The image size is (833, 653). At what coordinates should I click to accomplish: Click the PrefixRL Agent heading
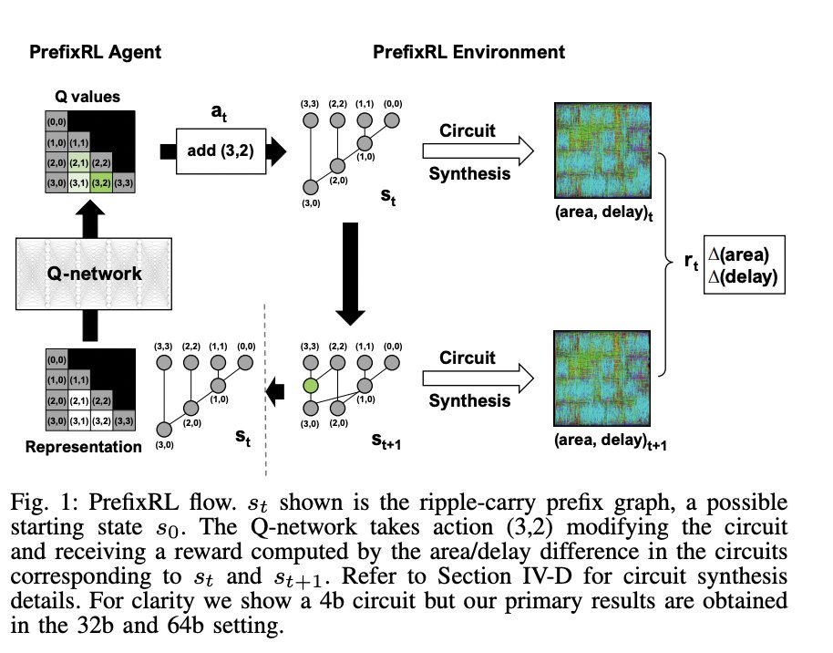pyautogui.click(x=95, y=52)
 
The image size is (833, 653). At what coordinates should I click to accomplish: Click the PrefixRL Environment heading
pyautogui.click(x=468, y=52)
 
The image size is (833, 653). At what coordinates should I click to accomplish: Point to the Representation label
pyautogui.click(x=84, y=447)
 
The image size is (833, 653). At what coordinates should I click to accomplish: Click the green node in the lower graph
pyautogui.click(x=311, y=385)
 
